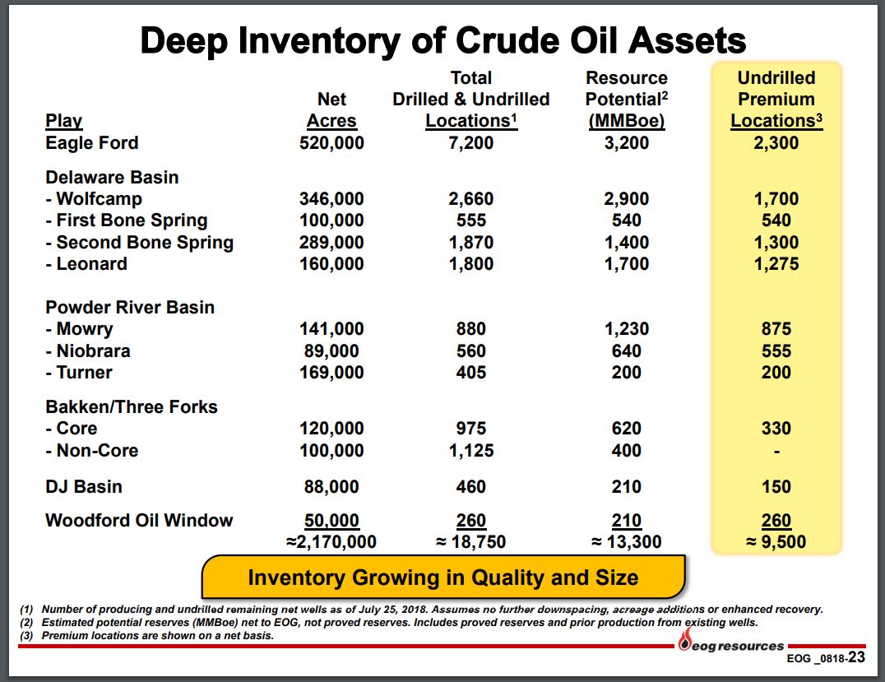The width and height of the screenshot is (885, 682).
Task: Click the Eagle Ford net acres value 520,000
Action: pos(331,143)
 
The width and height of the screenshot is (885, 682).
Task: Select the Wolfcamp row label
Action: pos(94,199)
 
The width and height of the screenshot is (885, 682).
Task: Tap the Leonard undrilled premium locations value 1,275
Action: pos(776,263)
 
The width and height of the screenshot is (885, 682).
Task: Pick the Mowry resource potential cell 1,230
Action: pos(627,328)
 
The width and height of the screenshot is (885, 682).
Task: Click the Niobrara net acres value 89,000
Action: pos(331,350)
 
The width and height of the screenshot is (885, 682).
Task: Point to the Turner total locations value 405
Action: pos(470,372)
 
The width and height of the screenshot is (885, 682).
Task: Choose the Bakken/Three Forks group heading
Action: pos(132,406)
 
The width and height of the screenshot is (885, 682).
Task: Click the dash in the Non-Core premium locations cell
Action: pos(776,452)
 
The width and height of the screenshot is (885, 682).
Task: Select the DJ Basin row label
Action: pos(84,487)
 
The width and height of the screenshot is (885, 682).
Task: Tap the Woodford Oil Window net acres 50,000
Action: pos(331,520)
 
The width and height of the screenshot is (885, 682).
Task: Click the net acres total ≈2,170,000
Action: pos(331,542)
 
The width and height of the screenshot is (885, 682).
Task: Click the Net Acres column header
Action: pos(331,110)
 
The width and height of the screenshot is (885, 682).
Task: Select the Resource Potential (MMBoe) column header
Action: pos(627,100)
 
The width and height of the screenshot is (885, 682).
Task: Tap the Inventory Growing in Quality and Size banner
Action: pos(443,577)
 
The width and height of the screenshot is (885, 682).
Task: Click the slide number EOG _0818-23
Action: pos(826,657)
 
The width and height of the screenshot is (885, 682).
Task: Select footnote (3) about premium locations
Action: pos(146,636)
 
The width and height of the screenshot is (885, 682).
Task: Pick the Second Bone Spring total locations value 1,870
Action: pos(470,242)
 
